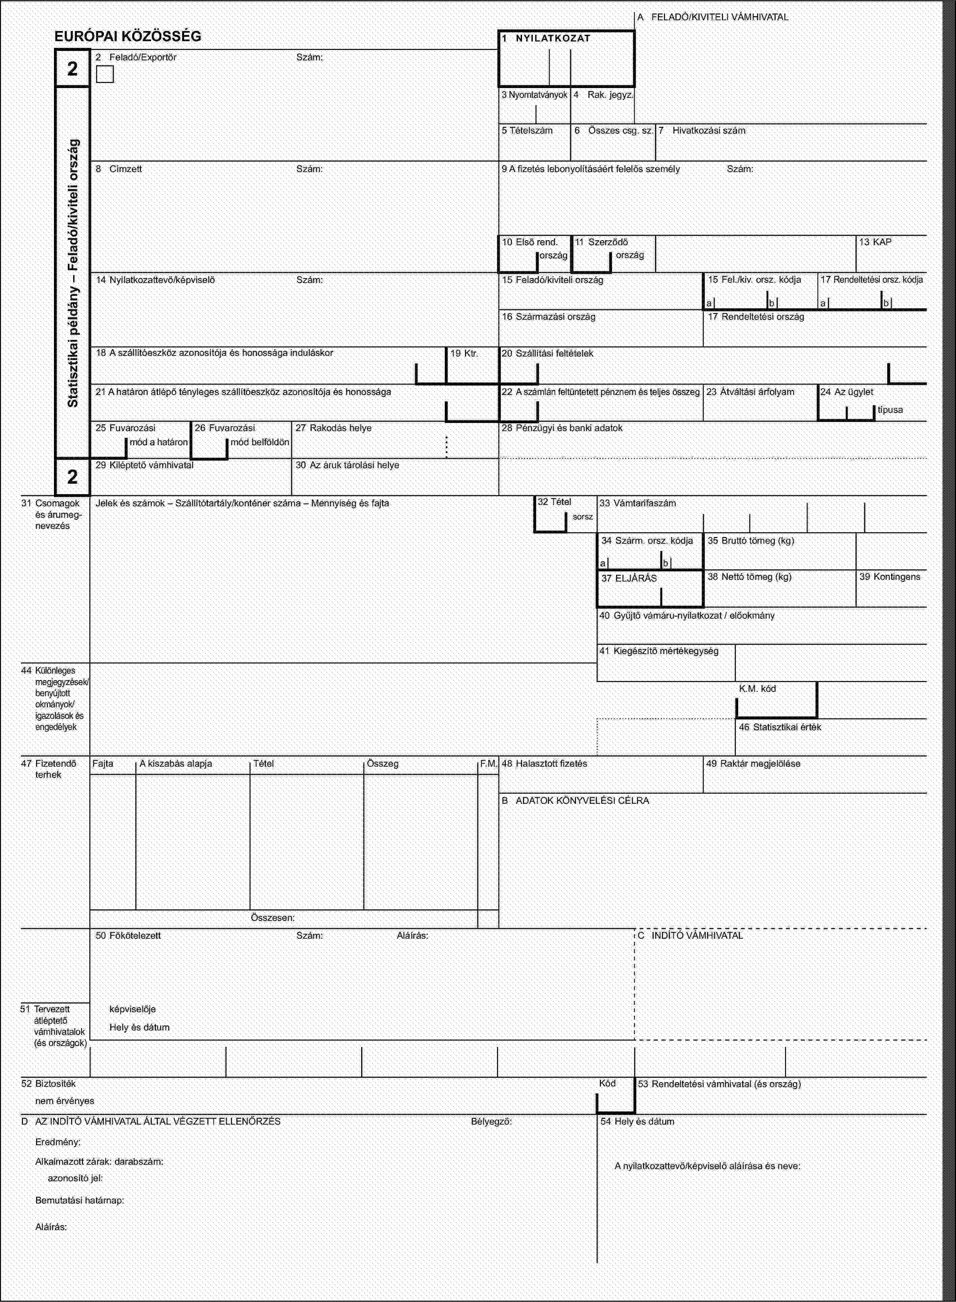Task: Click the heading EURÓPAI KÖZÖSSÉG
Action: click(x=128, y=36)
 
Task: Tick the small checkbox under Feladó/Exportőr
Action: click(x=105, y=74)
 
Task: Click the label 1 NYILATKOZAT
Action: click(x=546, y=39)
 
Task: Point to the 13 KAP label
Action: click(x=875, y=242)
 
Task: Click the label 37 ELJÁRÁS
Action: click(x=629, y=578)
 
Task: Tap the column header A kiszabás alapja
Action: click(x=176, y=764)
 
